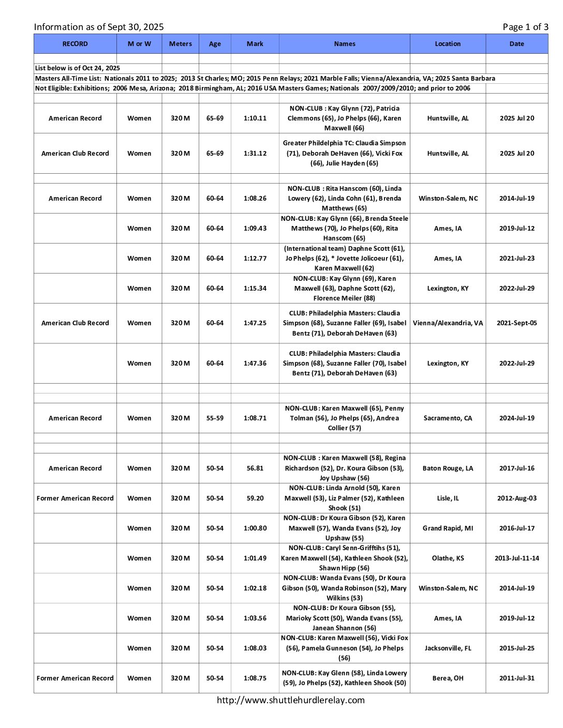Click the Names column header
pos(344,44)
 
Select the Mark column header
pos(255,44)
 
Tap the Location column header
pos(448,44)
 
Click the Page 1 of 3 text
pos(525,27)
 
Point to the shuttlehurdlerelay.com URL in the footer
pos(290,700)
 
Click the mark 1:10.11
pos(255,118)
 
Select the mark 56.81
pos(255,468)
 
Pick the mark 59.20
pos(255,498)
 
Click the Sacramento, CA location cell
pos(448,418)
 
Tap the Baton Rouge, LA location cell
pos(448,468)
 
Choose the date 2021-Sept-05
pos(516,323)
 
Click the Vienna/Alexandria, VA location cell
pos(448,323)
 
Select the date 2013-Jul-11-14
pos(516,558)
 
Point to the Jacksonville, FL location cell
pos(448,648)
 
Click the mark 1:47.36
pos(255,363)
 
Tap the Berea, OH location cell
pos(448,678)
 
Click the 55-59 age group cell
pos(215,418)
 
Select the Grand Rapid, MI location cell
pos(448,528)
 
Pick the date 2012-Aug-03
pos(516,498)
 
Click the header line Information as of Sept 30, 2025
pos(99,27)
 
